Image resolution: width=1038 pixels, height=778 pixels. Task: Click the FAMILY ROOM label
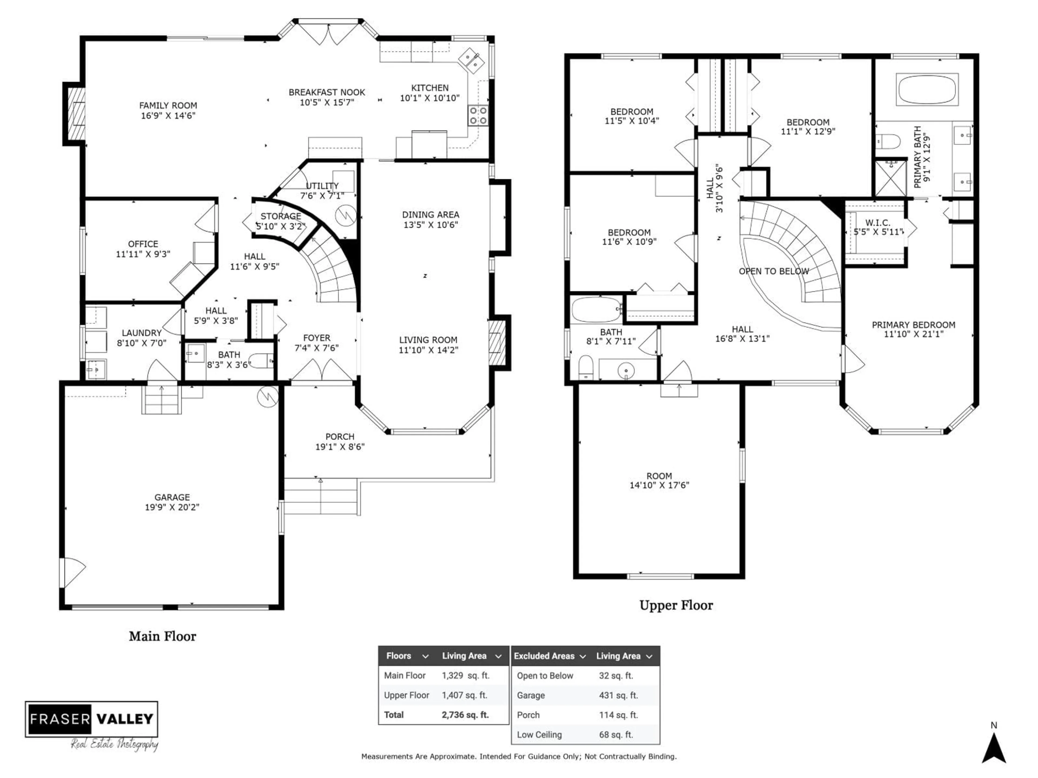tap(168, 106)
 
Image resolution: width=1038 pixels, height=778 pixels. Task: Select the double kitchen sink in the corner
tap(471, 61)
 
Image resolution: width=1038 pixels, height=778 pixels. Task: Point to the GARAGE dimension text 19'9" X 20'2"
tap(172, 507)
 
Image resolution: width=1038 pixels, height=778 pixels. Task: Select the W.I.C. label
tap(877, 223)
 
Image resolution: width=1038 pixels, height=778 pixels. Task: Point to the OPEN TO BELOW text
tap(774, 271)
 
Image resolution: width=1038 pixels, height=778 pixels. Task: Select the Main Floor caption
tap(162, 636)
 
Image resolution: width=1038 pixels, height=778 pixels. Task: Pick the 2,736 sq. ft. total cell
tap(465, 715)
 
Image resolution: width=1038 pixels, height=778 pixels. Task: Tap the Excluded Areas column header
tap(544, 656)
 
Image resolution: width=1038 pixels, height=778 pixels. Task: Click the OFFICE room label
tap(143, 244)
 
